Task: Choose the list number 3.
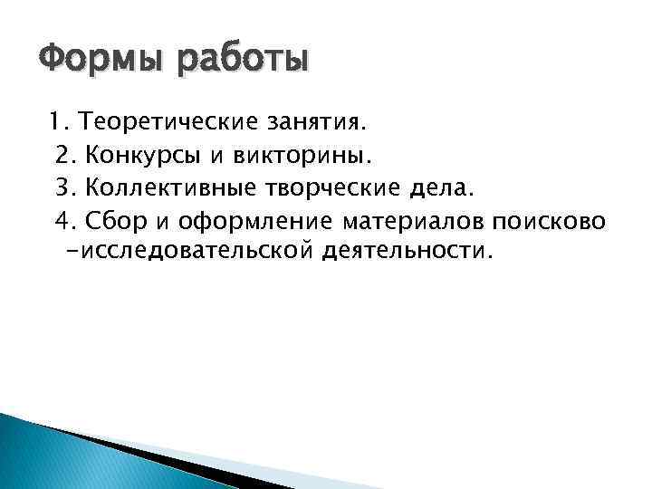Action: (66, 187)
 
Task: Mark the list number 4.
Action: (66, 220)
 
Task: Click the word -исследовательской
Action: (190, 250)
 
